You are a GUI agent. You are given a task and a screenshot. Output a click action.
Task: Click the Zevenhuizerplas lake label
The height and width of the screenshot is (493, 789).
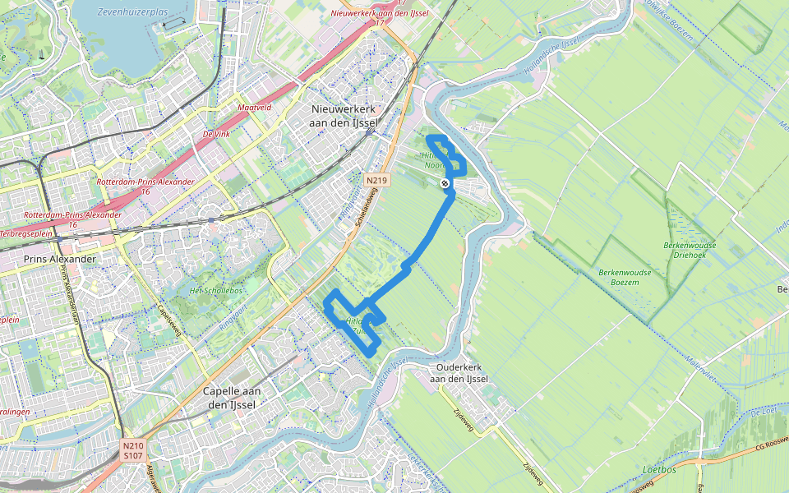[132, 13]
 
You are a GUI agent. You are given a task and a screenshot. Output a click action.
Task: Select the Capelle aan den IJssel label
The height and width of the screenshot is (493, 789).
[230, 398]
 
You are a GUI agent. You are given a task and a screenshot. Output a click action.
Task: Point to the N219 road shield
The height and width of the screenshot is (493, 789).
[376, 180]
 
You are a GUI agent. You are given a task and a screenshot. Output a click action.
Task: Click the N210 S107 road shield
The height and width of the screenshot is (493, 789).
[134, 450]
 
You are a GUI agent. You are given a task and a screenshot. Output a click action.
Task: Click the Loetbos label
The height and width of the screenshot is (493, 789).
[658, 470]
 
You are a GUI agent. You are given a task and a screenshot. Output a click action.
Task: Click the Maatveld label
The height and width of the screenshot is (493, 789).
[254, 108]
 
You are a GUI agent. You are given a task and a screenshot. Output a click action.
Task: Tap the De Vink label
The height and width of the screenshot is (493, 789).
[216, 133]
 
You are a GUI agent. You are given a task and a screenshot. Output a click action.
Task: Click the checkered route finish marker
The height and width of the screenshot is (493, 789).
[445, 183]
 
